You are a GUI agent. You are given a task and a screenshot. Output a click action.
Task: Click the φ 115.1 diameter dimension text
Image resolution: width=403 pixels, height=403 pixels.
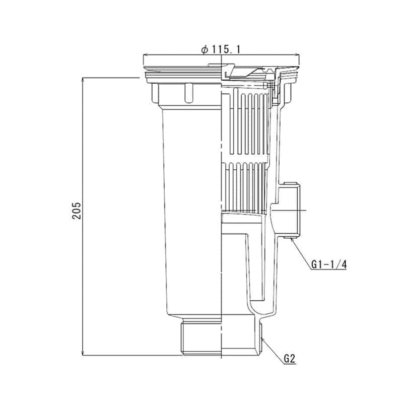221,49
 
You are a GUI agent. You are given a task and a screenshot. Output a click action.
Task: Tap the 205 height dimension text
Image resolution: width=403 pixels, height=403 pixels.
77,211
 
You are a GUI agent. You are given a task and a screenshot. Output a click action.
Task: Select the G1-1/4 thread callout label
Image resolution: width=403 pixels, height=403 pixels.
329,264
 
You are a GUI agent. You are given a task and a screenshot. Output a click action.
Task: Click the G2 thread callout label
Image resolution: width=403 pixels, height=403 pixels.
290,359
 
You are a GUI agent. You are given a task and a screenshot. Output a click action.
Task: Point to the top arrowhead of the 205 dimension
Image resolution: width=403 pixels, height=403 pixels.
83,79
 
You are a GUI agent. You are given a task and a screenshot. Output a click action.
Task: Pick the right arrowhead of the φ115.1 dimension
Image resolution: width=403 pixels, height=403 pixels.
297,55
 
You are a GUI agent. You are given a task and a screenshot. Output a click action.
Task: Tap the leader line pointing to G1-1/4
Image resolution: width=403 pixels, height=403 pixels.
301,253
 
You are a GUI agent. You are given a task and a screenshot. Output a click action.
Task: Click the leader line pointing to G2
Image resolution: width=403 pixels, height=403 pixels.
273,351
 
